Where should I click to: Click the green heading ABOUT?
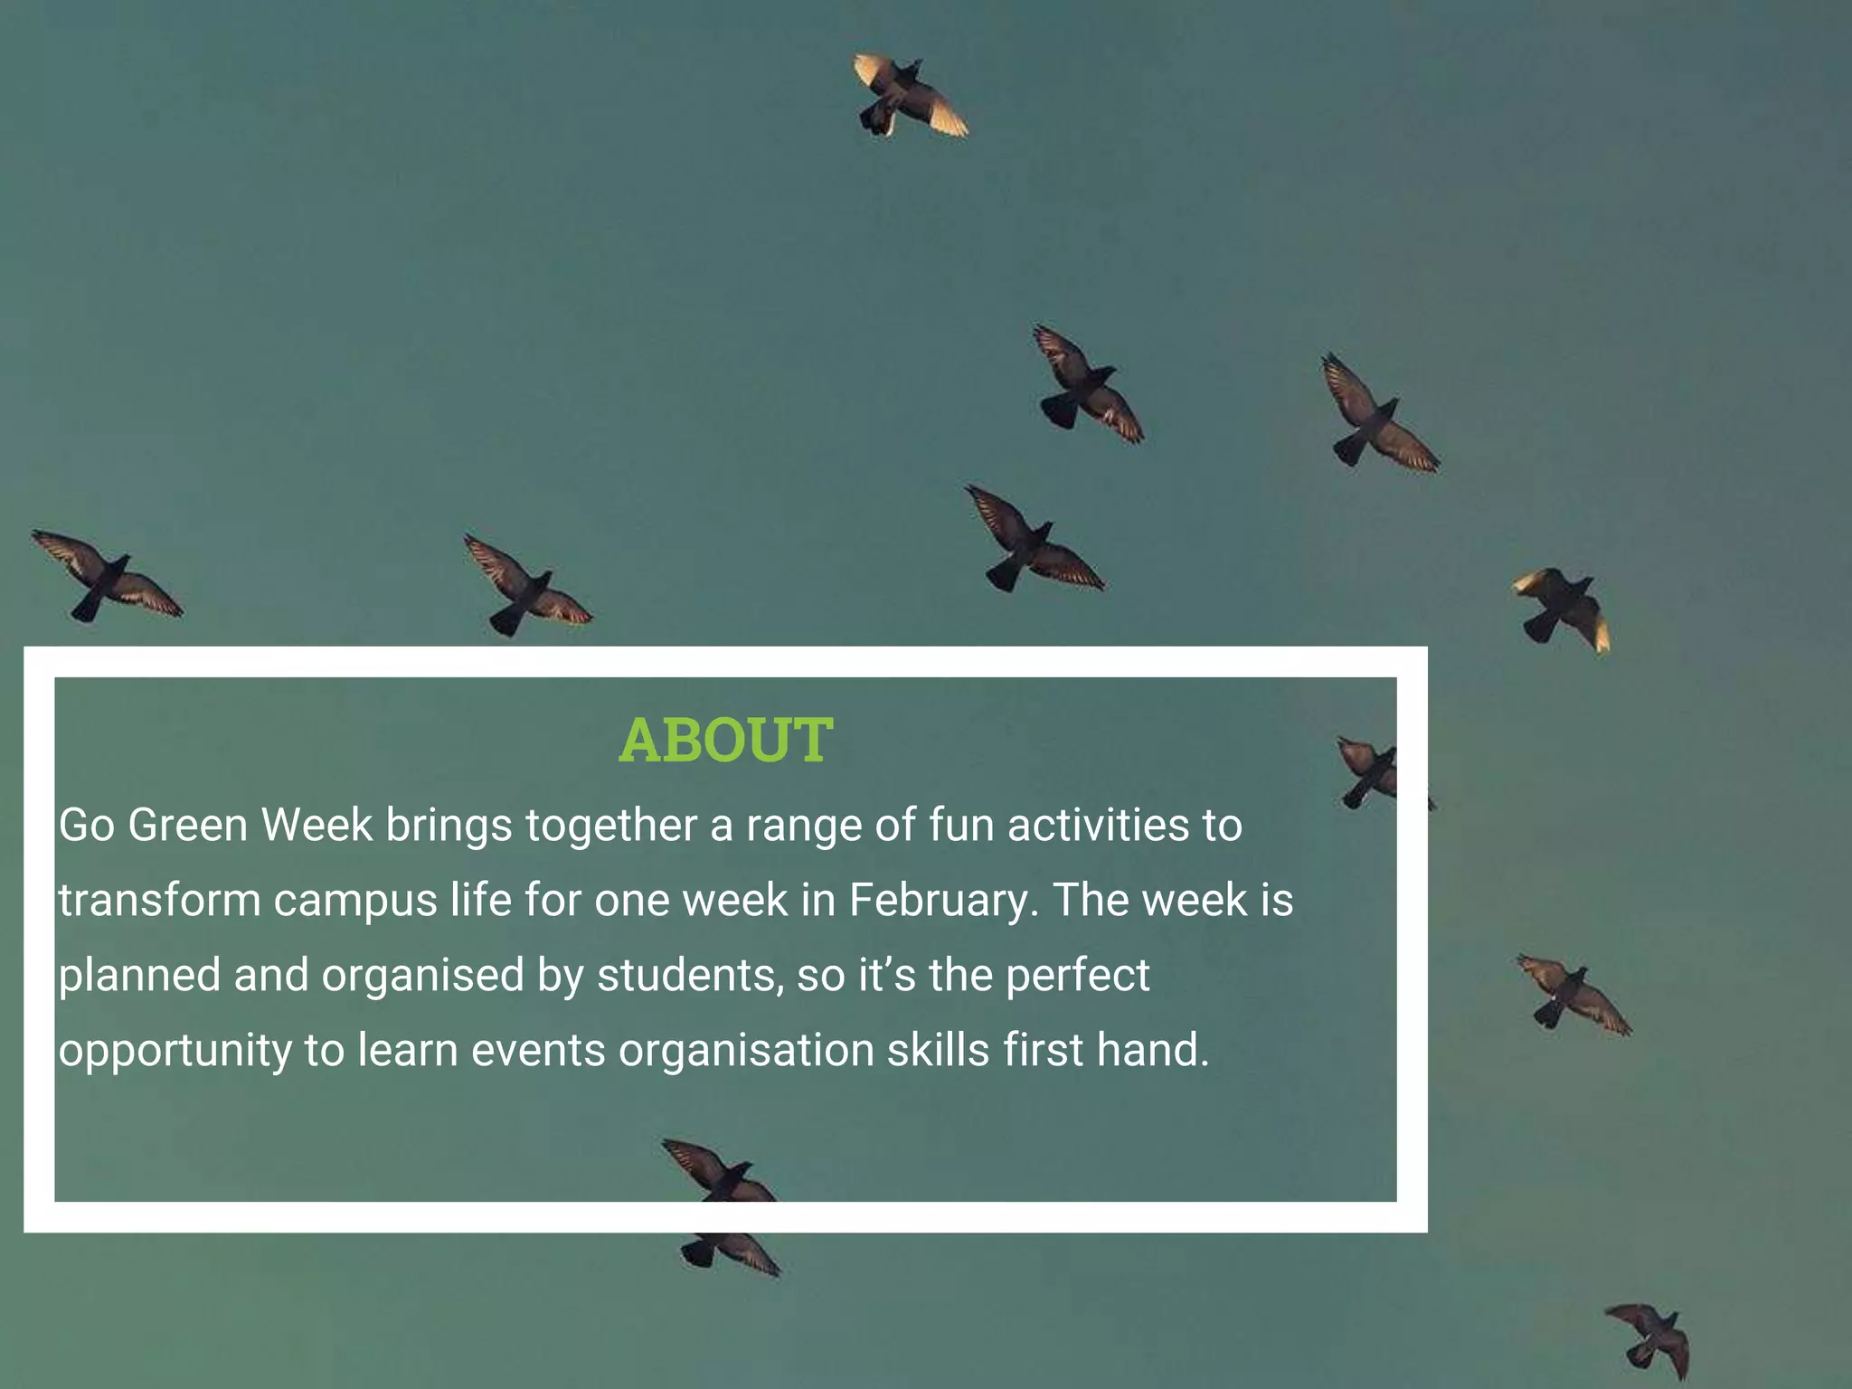tap(725, 740)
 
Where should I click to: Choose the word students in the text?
tap(690, 976)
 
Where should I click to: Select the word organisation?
tap(746, 1052)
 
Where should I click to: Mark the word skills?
tap(938, 1050)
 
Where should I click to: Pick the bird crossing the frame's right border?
tap(1380, 770)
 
